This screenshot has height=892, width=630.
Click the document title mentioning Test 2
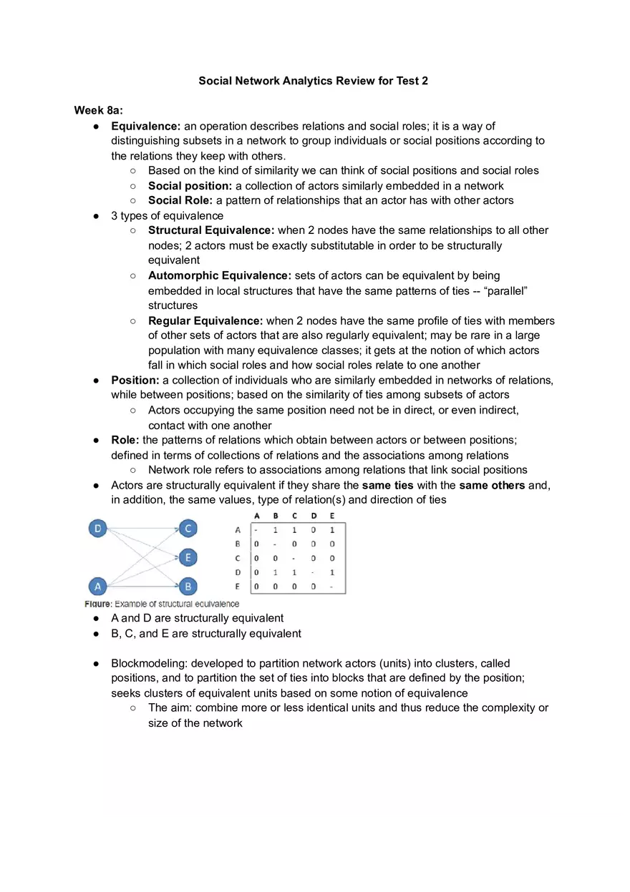click(313, 81)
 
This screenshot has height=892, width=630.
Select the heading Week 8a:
click(99, 110)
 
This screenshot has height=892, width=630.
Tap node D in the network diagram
click(97, 529)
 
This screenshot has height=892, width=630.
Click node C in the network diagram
click(188, 529)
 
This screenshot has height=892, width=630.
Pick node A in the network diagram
click(97, 587)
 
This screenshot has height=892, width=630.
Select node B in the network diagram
click(188, 587)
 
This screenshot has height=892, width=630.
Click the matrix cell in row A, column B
click(276, 530)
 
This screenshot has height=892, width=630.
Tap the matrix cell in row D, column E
click(332, 572)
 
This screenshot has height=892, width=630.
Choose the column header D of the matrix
click(314, 516)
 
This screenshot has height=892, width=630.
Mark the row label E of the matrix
click(238, 587)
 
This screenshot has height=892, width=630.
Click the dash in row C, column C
click(294, 558)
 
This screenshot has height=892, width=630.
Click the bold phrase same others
click(492, 485)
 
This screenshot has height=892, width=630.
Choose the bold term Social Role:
click(180, 200)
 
